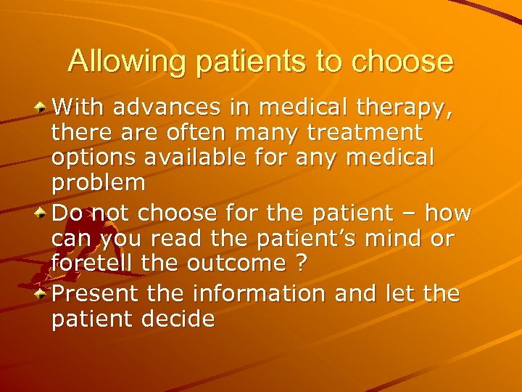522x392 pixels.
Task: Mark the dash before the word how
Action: click(407, 215)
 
